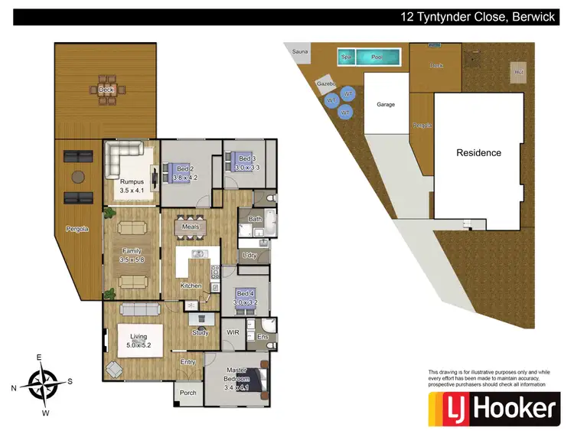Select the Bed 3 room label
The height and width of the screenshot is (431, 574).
pyautogui.click(x=243, y=162)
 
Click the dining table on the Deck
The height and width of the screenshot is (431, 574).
pyautogui.click(x=106, y=90)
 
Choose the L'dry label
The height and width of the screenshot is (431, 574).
pyautogui.click(x=249, y=255)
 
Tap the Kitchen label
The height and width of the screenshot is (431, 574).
pyautogui.click(x=191, y=286)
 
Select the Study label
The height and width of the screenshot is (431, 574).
pyautogui.click(x=201, y=332)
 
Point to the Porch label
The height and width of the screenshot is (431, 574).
pyautogui.click(x=188, y=393)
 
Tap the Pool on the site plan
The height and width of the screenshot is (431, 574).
pyautogui.click(x=378, y=57)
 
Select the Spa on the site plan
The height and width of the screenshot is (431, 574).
pyautogui.click(x=347, y=57)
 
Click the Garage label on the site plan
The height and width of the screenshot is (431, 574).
pyautogui.click(x=386, y=104)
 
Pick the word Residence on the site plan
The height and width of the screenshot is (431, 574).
pyautogui.click(x=478, y=152)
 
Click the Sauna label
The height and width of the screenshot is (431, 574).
pyautogui.click(x=299, y=51)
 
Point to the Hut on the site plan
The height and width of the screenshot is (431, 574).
pyautogui.click(x=519, y=72)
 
